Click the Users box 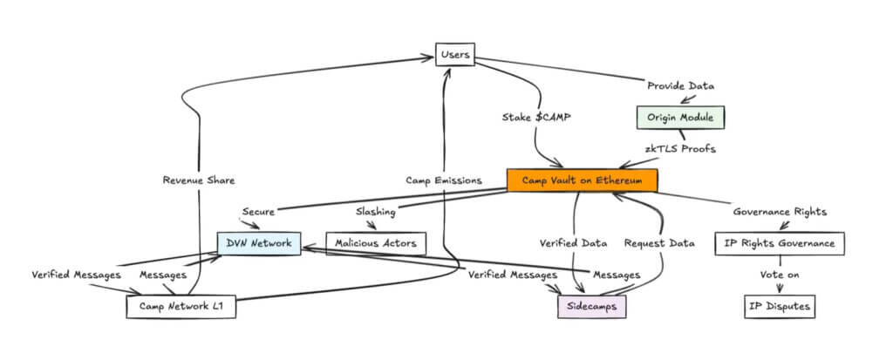pyautogui.click(x=455, y=56)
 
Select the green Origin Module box pyautogui.click(x=680, y=116)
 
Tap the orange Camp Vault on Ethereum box pyautogui.click(x=582, y=180)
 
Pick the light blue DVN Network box pyautogui.click(x=259, y=243)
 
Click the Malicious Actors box pyautogui.click(x=377, y=243)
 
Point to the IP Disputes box pyautogui.click(x=780, y=307)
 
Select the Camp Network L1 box pyautogui.click(x=181, y=307)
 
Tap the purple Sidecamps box pyautogui.click(x=592, y=307)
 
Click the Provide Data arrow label pyautogui.click(x=680, y=85)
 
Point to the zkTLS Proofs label pyautogui.click(x=680, y=148)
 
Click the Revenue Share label pyautogui.click(x=199, y=180)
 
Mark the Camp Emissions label pyautogui.click(x=443, y=180)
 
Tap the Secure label pyautogui.click(x=259, y=211)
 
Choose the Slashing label pyautogui.click(x=377, y=211)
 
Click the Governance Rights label pyautogui.click(x=780, y=211)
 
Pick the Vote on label pyautogui.click(x=780, y=275)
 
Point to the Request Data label pyautogui.click(x=659, y=243)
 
